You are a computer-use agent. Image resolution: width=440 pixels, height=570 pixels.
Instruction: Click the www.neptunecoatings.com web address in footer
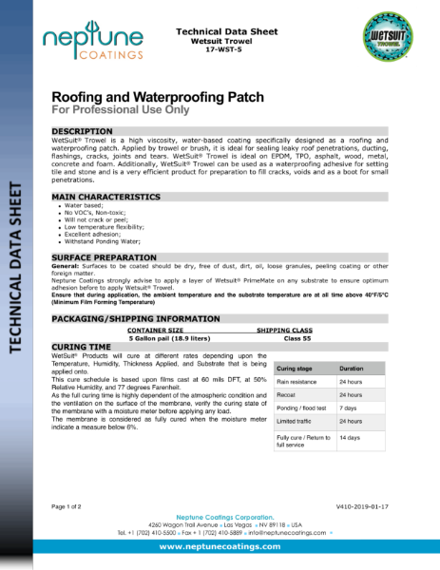tap(220, 547)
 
